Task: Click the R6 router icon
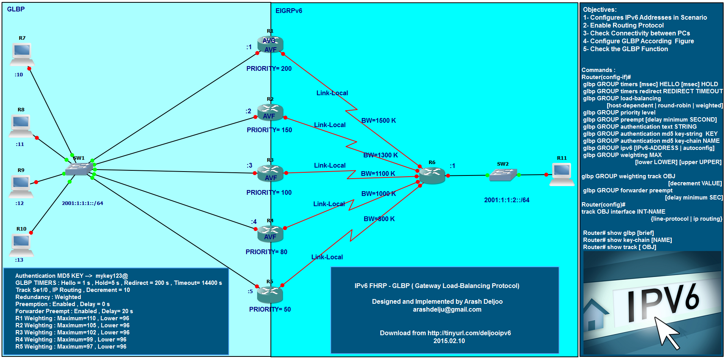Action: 432,175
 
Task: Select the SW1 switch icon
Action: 79,169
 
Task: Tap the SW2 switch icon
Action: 503,175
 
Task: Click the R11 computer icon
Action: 562,173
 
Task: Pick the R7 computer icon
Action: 22,54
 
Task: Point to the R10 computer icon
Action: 22,244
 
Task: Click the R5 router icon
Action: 270,294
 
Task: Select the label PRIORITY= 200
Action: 269,68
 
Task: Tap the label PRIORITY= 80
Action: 267,252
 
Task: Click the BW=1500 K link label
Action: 378,120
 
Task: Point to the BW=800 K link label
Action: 379,219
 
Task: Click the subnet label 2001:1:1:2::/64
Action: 507,200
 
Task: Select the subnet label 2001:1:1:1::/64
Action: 82,203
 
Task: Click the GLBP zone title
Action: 16,9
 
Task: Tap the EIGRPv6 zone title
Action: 289,11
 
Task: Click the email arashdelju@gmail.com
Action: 447,309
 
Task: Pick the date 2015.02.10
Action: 449,341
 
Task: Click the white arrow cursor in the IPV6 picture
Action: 667,332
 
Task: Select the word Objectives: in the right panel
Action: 600,9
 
